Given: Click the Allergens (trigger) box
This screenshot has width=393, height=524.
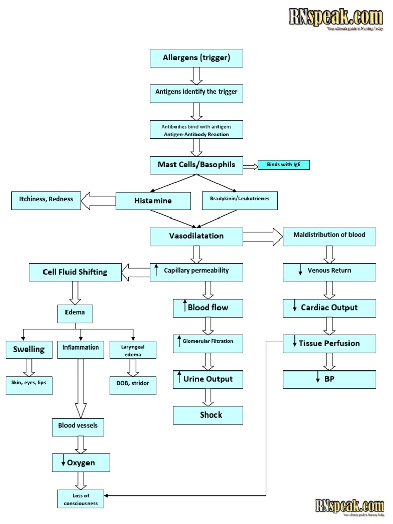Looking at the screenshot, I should pos(196,58).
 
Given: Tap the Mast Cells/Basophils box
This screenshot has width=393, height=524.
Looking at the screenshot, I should pos(196,165).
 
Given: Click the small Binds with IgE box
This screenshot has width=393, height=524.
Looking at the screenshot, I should pos(283,165).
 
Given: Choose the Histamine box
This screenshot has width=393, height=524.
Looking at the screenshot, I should pos(153,201).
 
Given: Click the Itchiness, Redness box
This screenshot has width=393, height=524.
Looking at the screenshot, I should pos(46,200).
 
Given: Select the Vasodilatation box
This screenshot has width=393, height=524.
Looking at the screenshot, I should pos(196,236).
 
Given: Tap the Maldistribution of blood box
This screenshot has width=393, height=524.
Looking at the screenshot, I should pos(329,235).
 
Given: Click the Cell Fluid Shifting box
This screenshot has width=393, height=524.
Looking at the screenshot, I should pos(75,272).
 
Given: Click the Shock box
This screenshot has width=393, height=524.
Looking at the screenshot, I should pos(208,415).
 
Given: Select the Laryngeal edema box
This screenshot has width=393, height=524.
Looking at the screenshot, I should pos(133,350).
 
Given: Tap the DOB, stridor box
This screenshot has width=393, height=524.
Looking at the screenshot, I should pos(133,383).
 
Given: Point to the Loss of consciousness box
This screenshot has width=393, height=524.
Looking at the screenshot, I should pos(80,498).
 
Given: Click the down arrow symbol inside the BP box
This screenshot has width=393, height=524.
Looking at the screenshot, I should pos(318,379).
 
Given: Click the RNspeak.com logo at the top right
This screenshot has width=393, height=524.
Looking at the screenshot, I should pos(336,19).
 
